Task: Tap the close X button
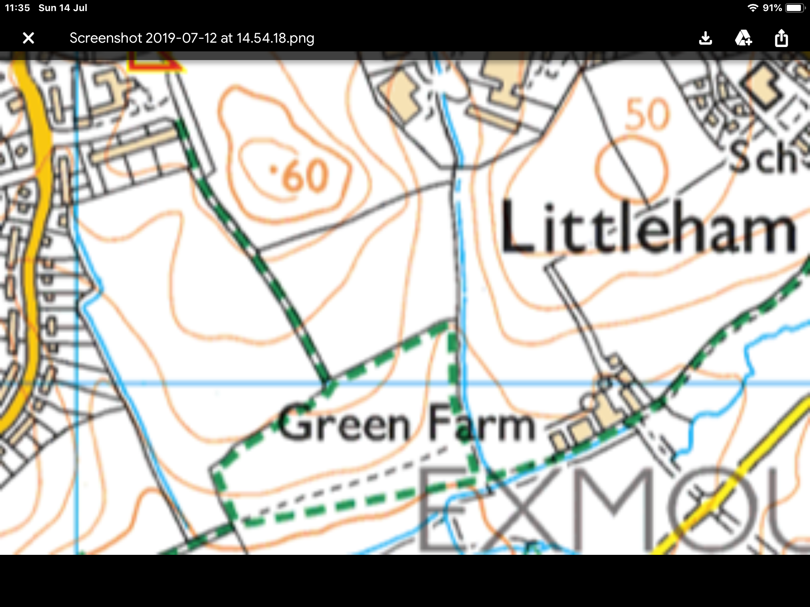click(28, 38)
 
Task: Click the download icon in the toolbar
click(705, 38)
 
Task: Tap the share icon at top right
click(781, 38)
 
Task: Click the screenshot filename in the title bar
click(192, 38)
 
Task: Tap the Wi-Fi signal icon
click(752, 8)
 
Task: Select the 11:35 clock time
click(17, 8)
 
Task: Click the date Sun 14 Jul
click(63, 8)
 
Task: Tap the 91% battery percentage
click(772, 8)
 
